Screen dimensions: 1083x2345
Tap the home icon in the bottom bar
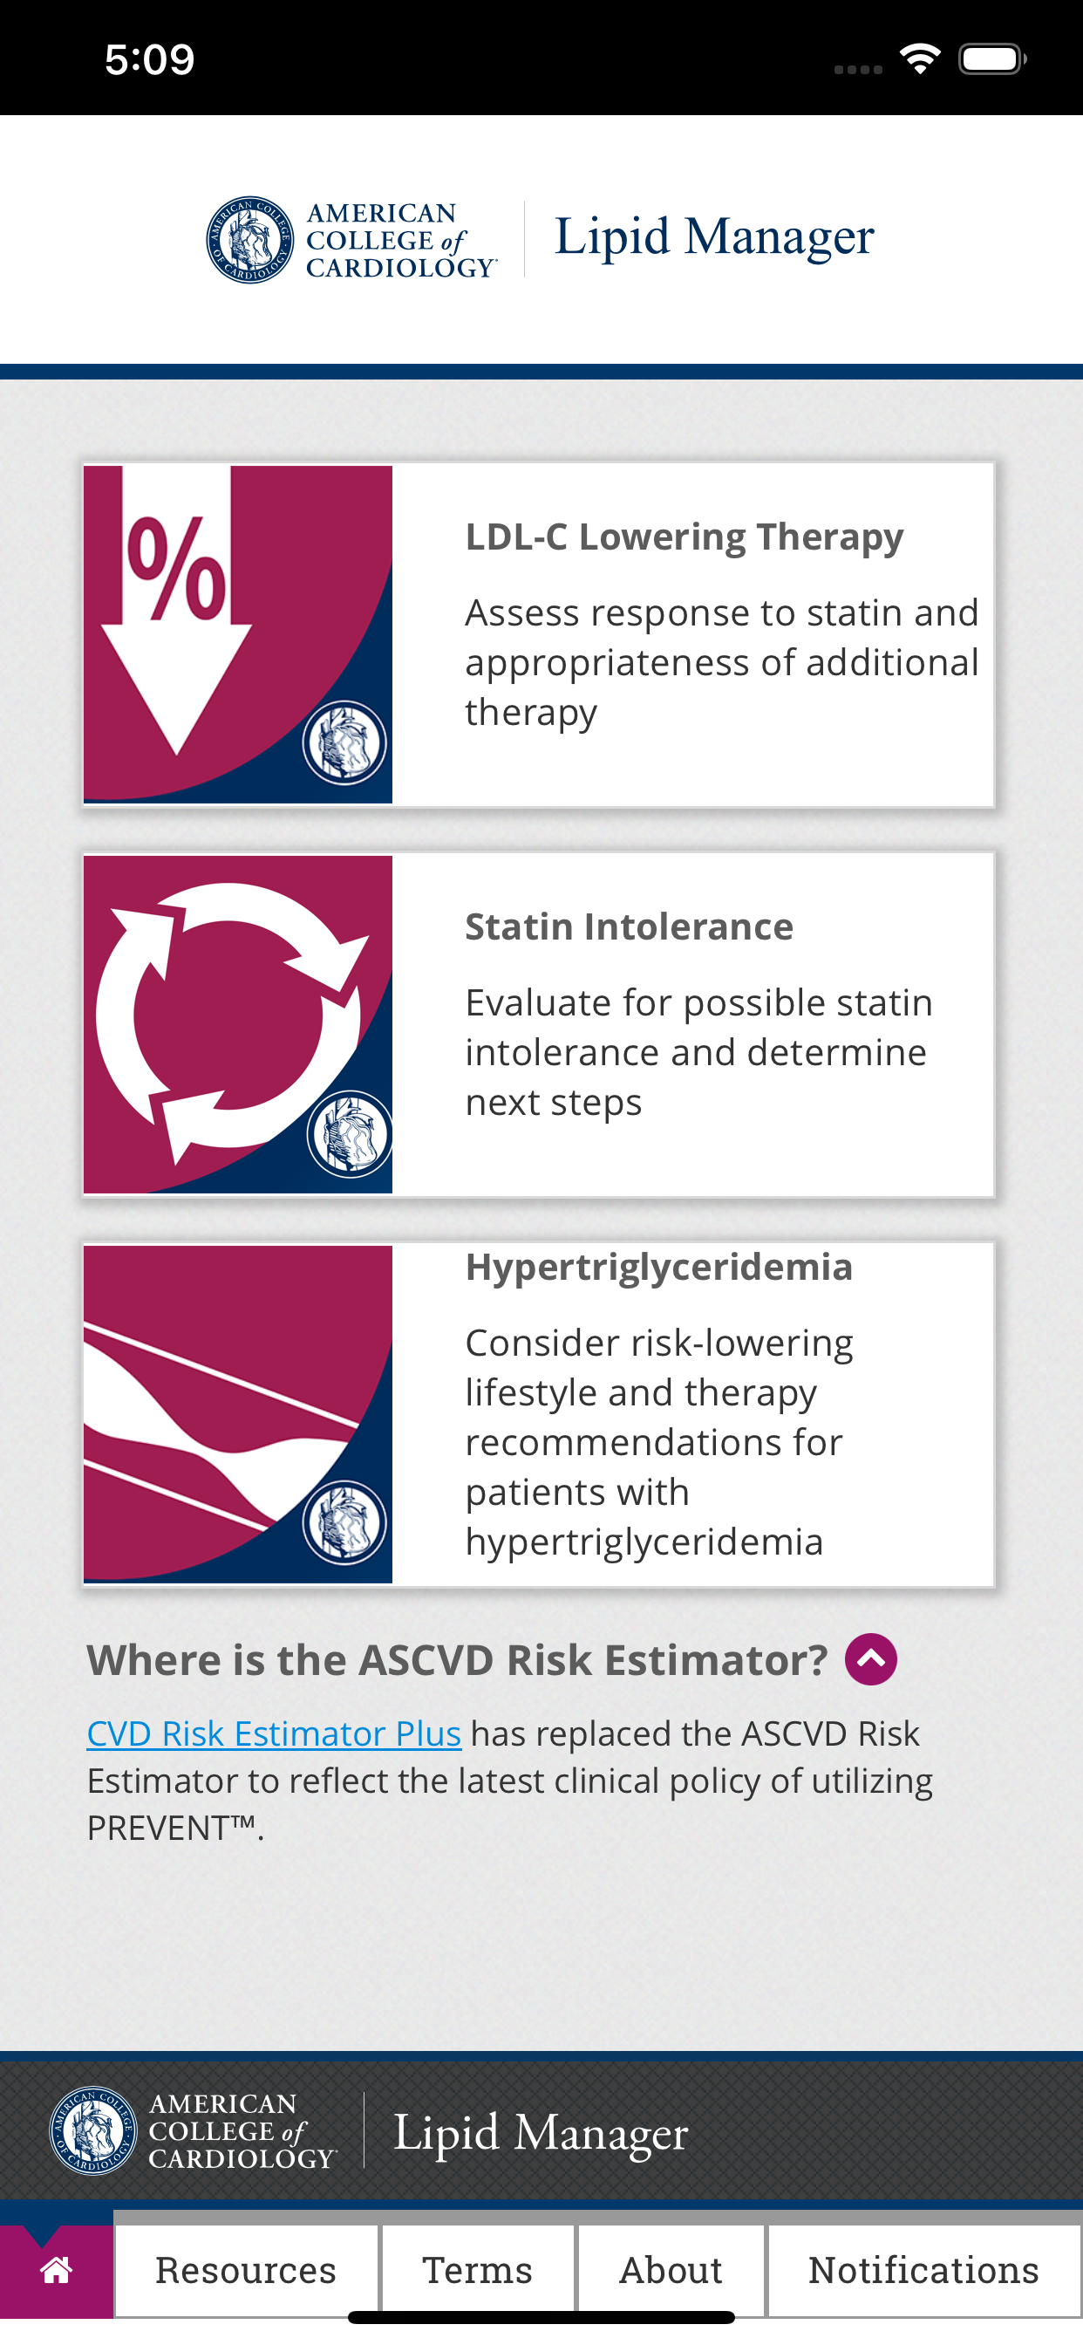(x=57, y=2269)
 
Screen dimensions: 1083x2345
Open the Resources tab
(x=246, y=2269)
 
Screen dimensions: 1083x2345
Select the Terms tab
(x=478, y=2269)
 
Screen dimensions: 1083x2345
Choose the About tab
(x=671, y=2269)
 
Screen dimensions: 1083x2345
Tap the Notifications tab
(x=923, y=2269)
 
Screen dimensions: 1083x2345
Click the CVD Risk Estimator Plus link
(x=274, y=1733)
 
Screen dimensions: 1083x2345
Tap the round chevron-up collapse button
(x=871, y=1658)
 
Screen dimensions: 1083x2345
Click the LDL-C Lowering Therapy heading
(x=685, y=537)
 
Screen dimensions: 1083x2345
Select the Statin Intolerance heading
(x=629, y=926)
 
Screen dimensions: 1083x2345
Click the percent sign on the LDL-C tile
(x=175, y=566)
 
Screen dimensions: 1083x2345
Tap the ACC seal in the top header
(x=250, y=239)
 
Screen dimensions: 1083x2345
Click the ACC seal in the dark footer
(x=92, y=2130)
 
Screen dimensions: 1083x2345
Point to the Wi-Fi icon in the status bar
(x=920, y=59)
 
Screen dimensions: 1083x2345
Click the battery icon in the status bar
(x=993, y=59)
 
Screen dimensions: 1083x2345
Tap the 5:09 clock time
(x=149, y=59)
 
